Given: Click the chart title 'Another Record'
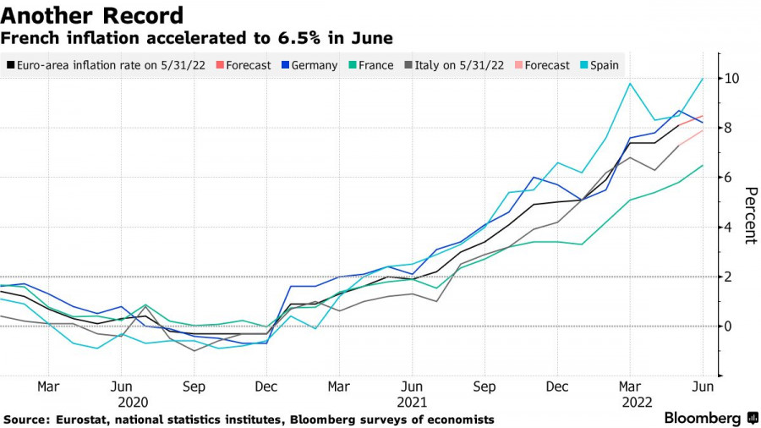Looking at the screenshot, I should pos(92,15).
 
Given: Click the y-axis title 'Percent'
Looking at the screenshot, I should pos(749,215).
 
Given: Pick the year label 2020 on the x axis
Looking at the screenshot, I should pos(134,403).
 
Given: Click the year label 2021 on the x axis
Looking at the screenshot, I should pos(412,403).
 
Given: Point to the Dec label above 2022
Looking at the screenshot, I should pos(556,386).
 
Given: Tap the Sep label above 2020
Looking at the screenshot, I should pos(194,386).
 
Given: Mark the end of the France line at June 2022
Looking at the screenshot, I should pos(703,165).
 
